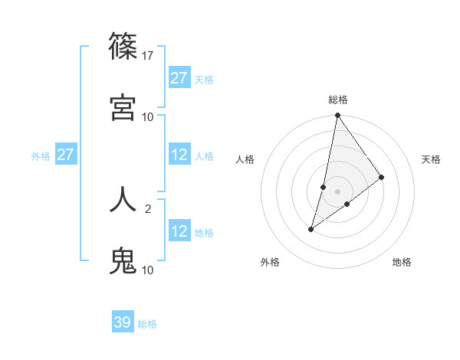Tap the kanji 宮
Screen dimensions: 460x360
click(x=123, y=106)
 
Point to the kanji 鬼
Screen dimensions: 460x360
click(x=123, y=260)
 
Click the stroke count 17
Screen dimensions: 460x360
click(x=149, y=56)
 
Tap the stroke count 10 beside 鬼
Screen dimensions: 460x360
click(x=148, y=270)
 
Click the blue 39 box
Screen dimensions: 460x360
click(x=123, y=322)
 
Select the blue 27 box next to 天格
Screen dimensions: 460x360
click(x=179, y=78)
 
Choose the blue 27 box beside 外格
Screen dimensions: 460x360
click(x=66, y=155)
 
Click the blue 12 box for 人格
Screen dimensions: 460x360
click(x=179, y=155)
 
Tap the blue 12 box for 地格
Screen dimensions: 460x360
click(x=179, y=231)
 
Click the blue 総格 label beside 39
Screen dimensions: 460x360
click(x=147, y=324)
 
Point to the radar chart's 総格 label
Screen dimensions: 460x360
click(x=337, y=100)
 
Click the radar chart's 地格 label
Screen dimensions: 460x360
click(x=402, y=262)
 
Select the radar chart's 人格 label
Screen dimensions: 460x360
click(x=245, y=159)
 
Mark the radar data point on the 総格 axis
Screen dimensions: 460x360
click(x=337, y=116)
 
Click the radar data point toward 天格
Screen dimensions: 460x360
click(x=381, y=177)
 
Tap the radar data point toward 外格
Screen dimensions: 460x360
click(x=311, y=229)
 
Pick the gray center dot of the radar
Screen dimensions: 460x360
click(x=337, y=191)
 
